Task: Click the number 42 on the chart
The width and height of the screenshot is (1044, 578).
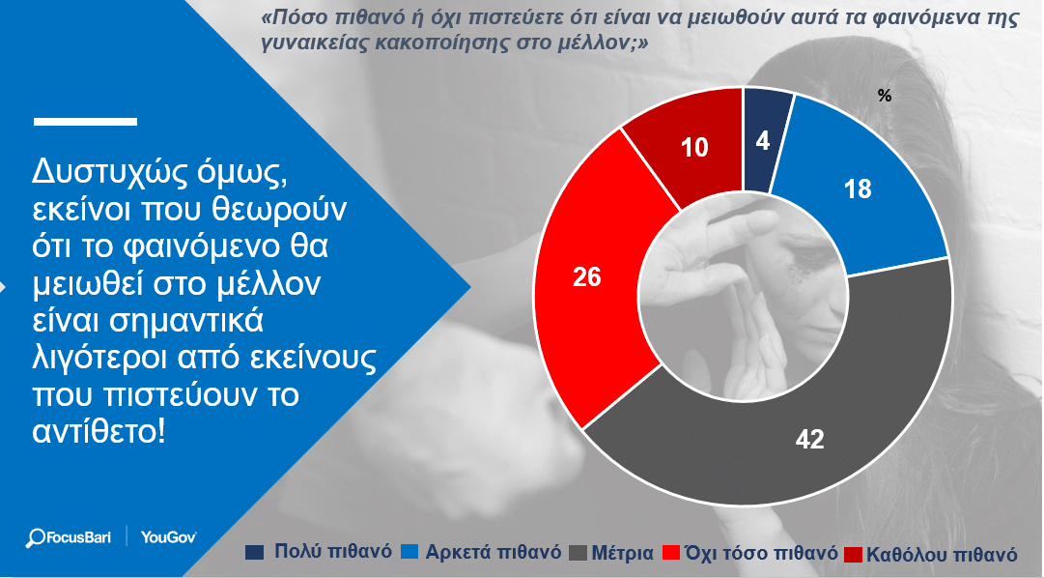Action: [x=809, y=440]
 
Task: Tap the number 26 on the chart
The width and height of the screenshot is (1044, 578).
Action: [x=587, y=276]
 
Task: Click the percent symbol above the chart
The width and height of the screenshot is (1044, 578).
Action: [x=885, y=96]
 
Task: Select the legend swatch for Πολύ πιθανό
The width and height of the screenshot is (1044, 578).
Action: [x=254, y=552]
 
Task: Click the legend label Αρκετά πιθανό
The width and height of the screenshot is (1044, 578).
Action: [x=494, y=553]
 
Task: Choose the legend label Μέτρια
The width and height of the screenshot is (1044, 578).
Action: [x=623, y=553]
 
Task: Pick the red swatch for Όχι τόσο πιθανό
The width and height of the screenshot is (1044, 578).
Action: [x=671, y=553]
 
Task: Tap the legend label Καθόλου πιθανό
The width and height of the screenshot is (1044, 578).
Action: [x=942, y=554]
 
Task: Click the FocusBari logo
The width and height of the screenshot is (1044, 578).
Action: [x=68, y=537]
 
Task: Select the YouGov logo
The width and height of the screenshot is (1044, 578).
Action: [x=168, y=537]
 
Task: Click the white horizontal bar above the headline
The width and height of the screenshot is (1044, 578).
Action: [x=85, y=122]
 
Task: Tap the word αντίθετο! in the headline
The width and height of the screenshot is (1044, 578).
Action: [x=99, y=432]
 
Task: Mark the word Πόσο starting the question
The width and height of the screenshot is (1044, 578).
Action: [x=291, y=17]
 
